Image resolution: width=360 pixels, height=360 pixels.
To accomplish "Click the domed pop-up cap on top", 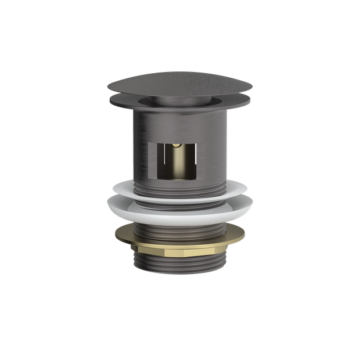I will coord(179,85).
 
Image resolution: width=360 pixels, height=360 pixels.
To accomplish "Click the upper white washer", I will coord(179,189).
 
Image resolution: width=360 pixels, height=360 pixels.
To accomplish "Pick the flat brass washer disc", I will coord(179,236).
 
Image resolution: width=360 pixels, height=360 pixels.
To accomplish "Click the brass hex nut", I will coord(179,254).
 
